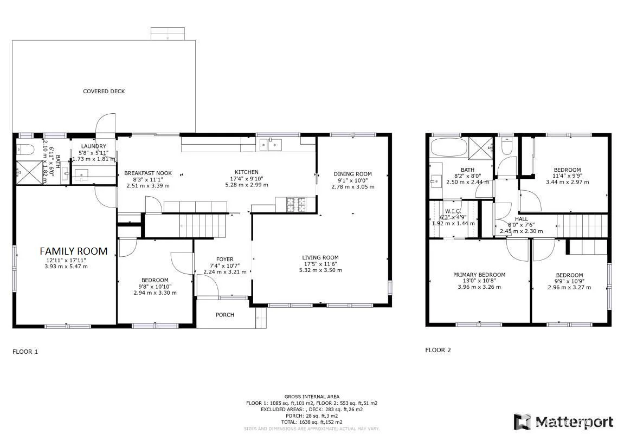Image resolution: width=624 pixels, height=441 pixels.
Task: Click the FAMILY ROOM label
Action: coord(74,251)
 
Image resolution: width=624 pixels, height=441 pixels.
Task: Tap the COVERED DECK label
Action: coord(104,91)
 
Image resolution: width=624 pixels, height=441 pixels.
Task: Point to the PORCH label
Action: coord(225,315)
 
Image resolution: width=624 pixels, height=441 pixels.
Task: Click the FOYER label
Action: coord(224,259)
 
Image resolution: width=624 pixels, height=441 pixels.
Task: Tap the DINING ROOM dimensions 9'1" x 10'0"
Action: coord(352,180)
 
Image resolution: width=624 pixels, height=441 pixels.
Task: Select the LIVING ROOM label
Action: coord(320,258)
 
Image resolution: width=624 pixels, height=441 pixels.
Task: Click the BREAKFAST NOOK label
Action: coord(148,173)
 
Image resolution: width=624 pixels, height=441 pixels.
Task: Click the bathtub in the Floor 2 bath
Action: coord(447,147)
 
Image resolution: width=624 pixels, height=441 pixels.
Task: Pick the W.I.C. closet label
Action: coord(453,211)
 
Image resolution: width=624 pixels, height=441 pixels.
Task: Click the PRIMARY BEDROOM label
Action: coord(479,275)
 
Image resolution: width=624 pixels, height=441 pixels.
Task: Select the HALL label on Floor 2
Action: coord(521,219)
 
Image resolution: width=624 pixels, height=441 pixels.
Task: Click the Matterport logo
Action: coord(564,422)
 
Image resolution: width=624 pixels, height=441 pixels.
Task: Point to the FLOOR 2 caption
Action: coord(438,350)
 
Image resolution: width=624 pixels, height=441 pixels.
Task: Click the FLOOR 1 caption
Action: coord(25,352)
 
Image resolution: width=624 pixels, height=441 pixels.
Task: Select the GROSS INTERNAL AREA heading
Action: coord(312,397)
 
